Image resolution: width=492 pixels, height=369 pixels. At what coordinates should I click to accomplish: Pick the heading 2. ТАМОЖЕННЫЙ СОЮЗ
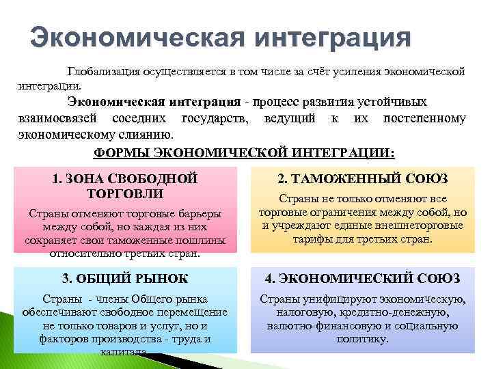pyautogui.click(x=362, y=179)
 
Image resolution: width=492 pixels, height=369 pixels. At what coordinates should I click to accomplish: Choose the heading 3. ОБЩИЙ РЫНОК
pyautogui.click(x=124, y=278)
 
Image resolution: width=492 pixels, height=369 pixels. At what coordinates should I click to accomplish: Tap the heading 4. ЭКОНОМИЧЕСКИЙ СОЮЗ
pyautogui.click(x=362, y=278)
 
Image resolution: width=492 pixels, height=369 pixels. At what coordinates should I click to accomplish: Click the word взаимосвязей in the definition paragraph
pyautogui.click(x=54, y=118)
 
